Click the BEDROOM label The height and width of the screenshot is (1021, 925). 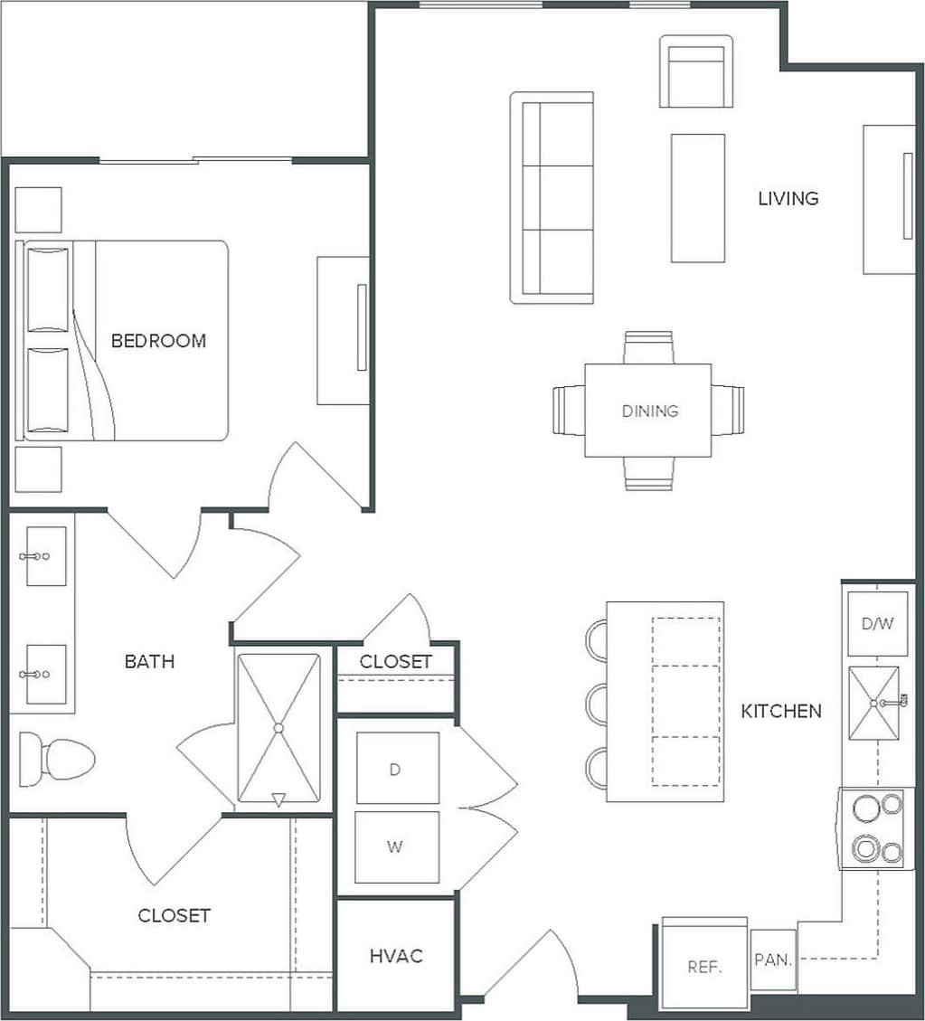[x=158, y=341]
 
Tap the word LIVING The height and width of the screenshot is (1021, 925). [x=788, y=198]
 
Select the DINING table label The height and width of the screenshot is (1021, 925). [x=649, y=411]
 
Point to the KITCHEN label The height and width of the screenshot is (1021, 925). [x=781, y=711]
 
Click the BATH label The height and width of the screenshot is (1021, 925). [x=149, y=662]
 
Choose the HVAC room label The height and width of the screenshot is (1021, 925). [x=396, y=956]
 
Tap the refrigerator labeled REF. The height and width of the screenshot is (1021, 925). [x=703, y=966]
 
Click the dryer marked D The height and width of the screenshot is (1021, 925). [x=396, y=769]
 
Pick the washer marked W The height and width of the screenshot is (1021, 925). [x=396, y=847]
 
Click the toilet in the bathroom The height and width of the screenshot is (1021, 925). [x=58, y=758]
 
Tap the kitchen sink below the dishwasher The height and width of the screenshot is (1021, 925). [x=873, y=703]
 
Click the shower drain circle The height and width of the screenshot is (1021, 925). [x=278, y=727]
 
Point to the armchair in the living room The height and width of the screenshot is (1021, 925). [x=695, y=71]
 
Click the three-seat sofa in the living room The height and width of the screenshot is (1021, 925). [x=552, y=197]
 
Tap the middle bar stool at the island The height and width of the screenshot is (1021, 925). [x=598, y=703]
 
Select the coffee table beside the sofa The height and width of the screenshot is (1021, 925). [x=697, y=198]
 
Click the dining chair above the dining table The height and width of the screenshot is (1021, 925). [x=648, y=347]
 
